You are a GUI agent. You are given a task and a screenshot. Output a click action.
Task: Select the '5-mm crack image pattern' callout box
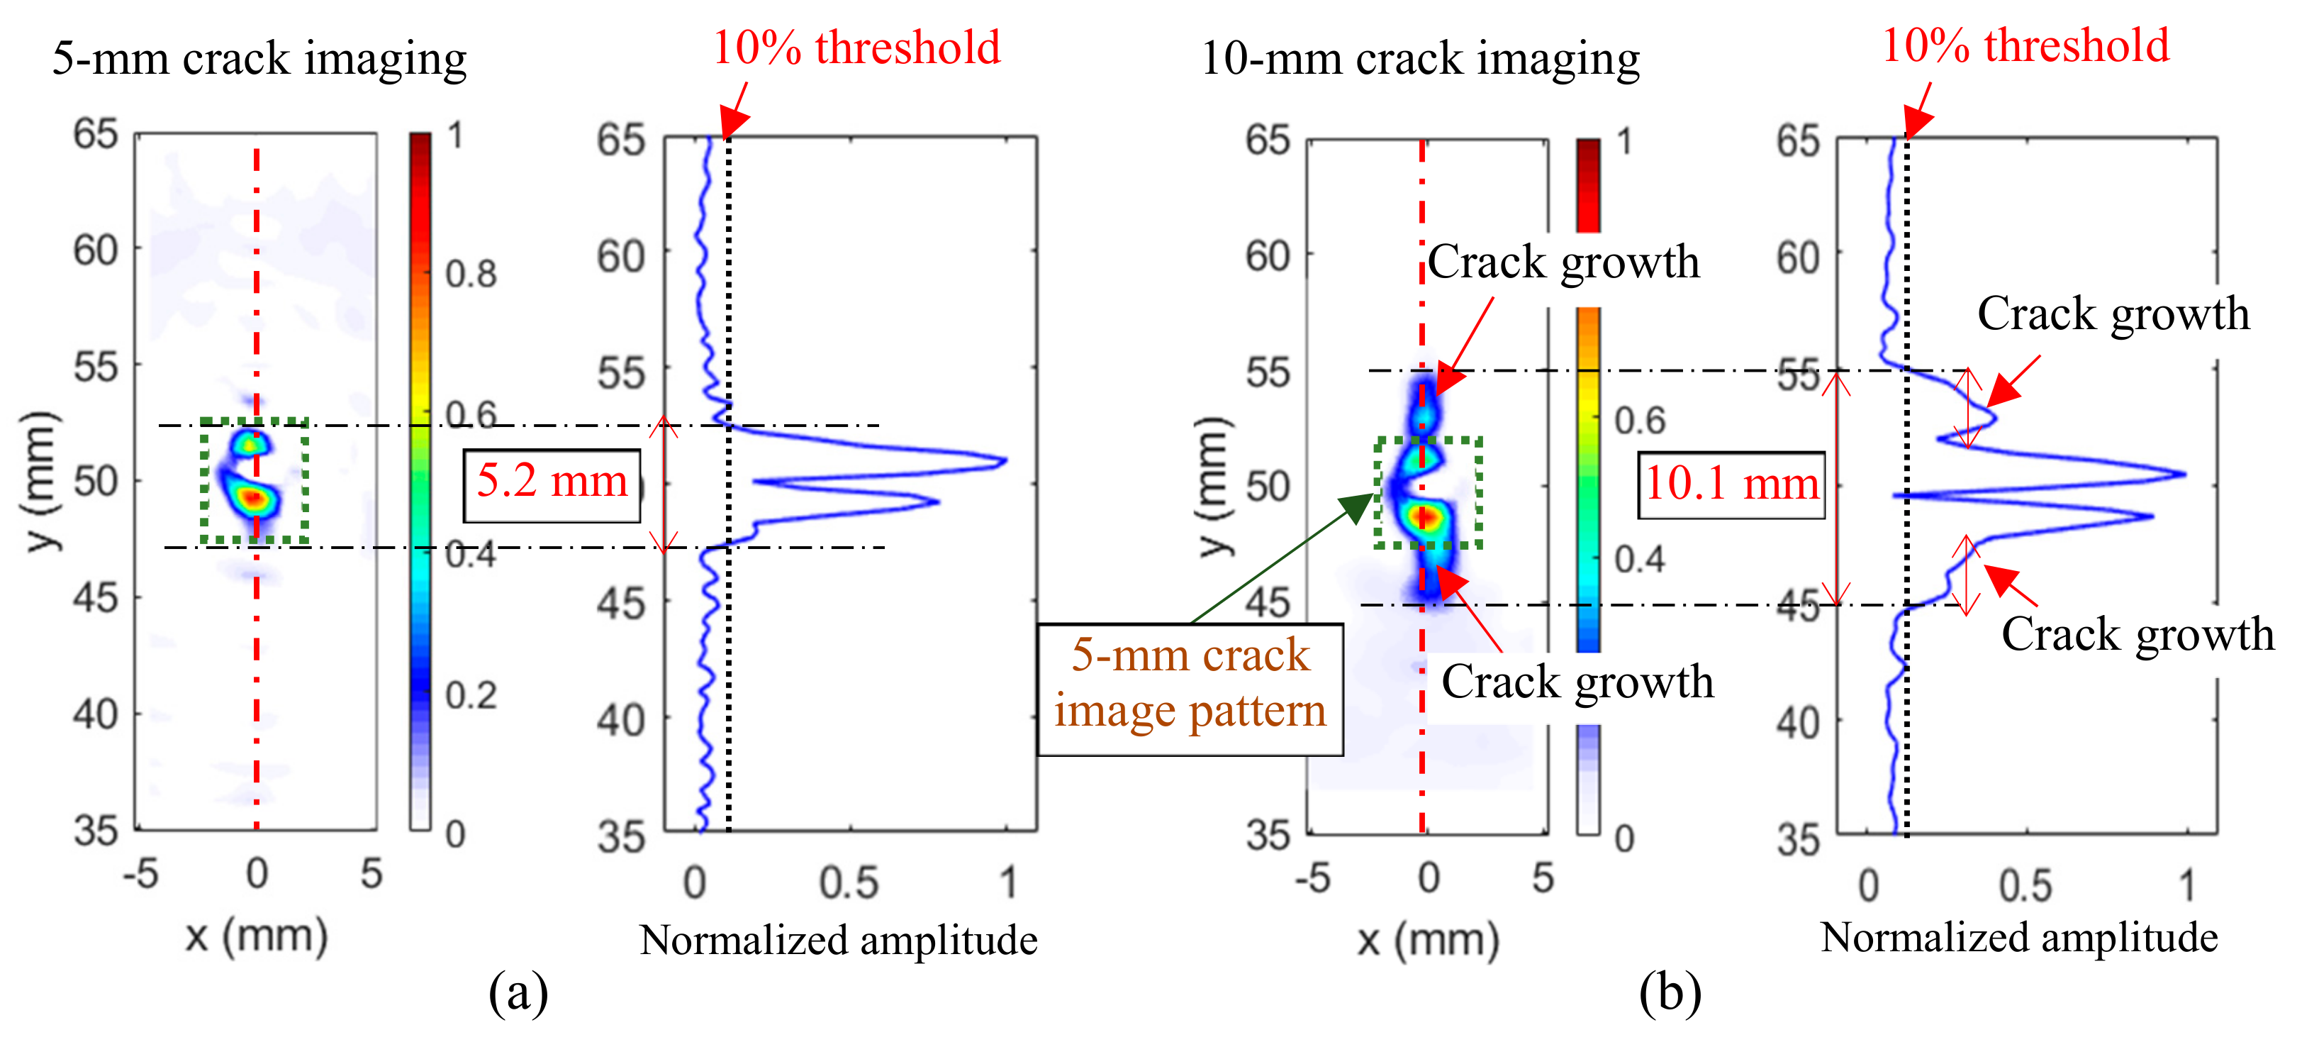[1190, 689]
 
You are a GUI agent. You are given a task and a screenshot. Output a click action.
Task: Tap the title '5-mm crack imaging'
[259, 59]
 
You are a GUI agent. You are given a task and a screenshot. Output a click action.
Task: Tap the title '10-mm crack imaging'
[1419, 59]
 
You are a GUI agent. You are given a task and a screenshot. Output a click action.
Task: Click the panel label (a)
[518, 992]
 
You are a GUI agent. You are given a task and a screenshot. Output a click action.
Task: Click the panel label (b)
[1670, 992]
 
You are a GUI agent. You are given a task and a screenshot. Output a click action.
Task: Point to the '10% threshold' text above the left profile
[856, 48]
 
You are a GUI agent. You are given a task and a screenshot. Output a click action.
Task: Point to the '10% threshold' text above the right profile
[2025, 45]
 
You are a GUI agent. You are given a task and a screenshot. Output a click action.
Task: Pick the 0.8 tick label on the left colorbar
[471, 275]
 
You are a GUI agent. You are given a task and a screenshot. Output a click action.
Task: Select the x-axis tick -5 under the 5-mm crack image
[141, 875]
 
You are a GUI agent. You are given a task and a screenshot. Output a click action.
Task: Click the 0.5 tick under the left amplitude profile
[848, 883]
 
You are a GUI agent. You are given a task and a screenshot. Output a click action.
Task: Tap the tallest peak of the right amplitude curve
[2184, 474]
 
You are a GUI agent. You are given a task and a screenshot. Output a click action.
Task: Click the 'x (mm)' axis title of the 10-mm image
[1428, 939]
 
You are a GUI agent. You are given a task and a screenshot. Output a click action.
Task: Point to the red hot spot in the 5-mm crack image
[255, 497]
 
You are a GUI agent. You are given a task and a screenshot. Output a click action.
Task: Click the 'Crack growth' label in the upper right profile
[2113, 314]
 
